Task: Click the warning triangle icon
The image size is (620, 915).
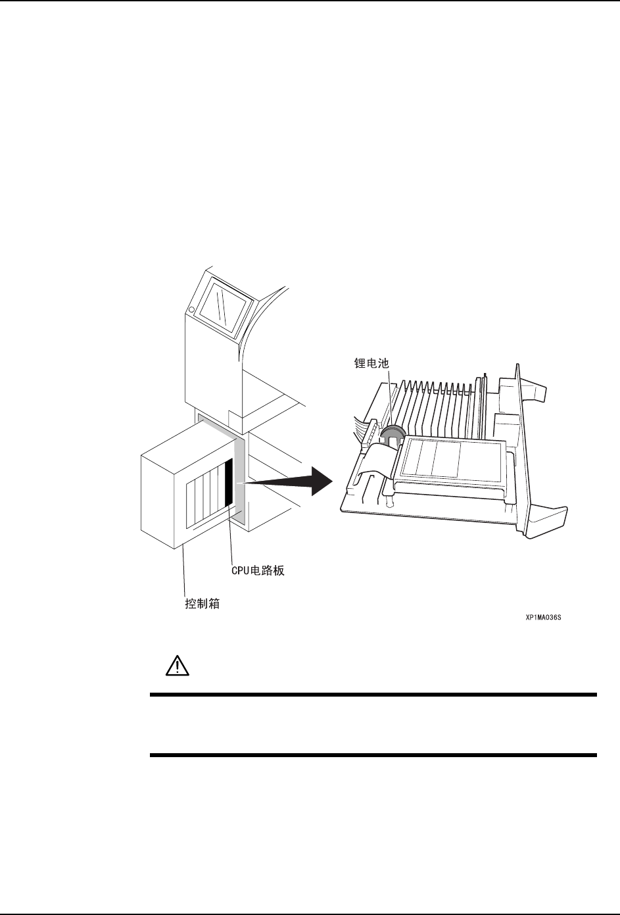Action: click(x=176, y=666)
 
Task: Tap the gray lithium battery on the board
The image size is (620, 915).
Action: click(x=392, y=433)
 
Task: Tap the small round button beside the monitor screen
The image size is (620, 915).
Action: click(x=191, y=309)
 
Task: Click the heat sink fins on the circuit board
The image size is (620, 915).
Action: click(x=441, y=408)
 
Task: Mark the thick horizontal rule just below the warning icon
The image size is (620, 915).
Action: click(x=373, y=695)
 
